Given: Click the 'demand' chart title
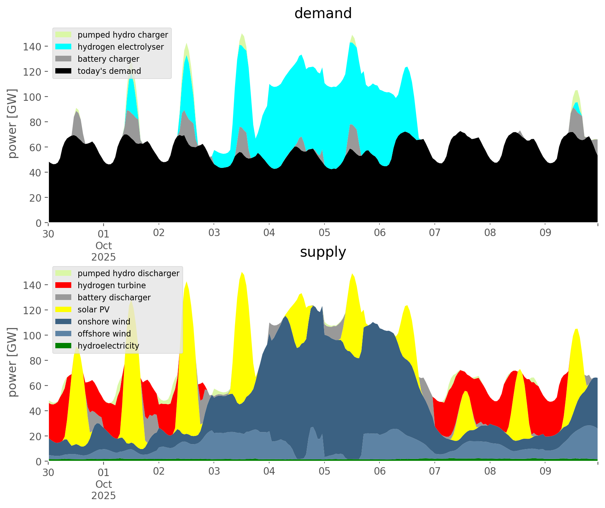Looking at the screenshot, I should (x=323, y=13).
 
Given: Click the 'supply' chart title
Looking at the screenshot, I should (x=323, y=252).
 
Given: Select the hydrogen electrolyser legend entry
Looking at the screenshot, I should (x=121, y=47).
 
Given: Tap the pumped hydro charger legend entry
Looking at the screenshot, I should (x=123, y=35).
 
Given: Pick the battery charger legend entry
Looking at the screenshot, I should (x=108, y=59).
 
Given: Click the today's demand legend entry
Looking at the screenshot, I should (x=109, y=71).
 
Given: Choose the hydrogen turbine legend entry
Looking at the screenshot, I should (x=111, y=285).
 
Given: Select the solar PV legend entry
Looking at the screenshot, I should (x=93, y=310).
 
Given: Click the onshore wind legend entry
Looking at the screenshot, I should (x=104, y=322).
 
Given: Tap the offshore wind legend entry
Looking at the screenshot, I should (x=104, y=334).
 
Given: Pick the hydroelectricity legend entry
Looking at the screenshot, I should (x=108, y=346).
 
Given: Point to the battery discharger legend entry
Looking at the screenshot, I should (x=114, y=297).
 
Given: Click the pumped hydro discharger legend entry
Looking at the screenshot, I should (x=128, y=273).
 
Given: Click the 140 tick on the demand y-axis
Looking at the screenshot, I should (x=32, y=47).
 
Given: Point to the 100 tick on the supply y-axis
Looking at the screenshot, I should (x=32, y=335).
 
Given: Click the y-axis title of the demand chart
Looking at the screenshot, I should (x=12, y=123).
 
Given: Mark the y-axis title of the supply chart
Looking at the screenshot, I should (x=12, y=362).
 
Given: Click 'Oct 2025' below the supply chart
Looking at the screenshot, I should (x=104, y=490).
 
